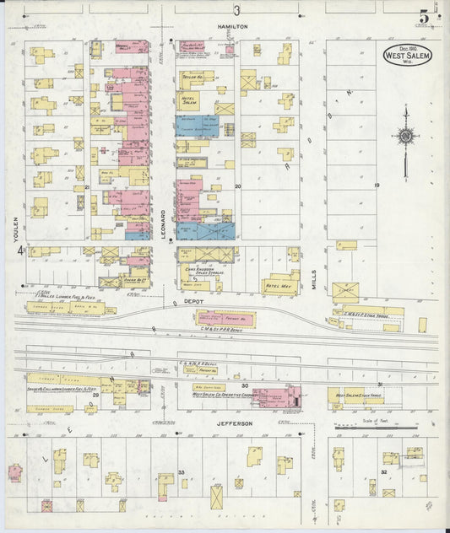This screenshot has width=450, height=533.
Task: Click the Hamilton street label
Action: (x=232, y=27)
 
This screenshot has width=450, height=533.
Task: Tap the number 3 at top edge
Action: (x=237, y=10)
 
